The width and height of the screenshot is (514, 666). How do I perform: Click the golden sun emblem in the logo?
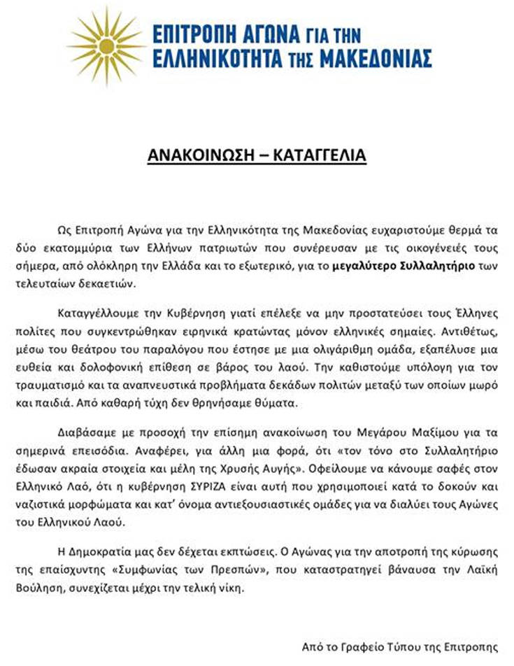coord(106,44)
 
